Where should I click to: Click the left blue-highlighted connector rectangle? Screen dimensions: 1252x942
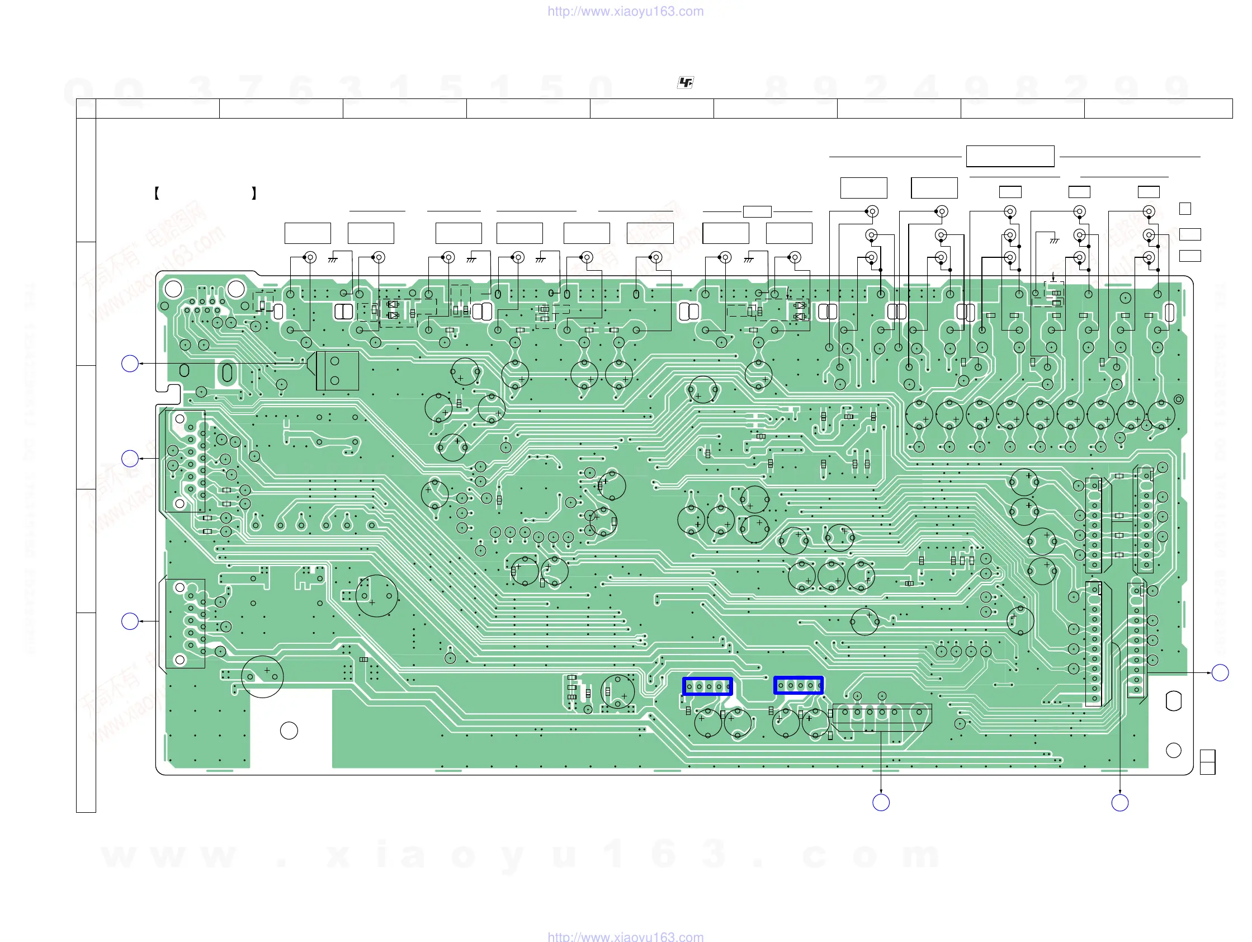[707, 686]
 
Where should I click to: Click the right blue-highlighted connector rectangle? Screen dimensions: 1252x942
[798, 685]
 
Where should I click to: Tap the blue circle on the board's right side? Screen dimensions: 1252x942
[1220, 672]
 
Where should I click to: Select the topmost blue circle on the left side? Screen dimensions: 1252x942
[130, 364]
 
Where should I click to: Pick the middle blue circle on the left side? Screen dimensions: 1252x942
[130, 458]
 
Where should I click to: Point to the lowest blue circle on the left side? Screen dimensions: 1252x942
[130, 621]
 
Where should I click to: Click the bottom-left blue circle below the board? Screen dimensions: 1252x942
[881, 802]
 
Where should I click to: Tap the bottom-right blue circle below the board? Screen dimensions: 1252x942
[1119, 803]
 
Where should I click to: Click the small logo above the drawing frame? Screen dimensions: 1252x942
[686, 83]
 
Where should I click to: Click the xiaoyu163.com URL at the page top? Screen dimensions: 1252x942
[625, 11]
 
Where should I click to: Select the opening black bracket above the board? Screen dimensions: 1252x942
[157, 193]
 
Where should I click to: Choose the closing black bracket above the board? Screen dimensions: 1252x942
[254, 193]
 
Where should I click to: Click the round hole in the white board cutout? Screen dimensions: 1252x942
[289, 731]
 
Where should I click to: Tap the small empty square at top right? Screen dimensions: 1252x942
[1185, 209]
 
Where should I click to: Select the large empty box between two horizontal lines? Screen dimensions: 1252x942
[1010, 156]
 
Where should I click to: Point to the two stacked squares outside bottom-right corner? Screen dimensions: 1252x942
[1207, 762]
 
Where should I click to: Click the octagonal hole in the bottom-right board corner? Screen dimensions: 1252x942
[1173, 701]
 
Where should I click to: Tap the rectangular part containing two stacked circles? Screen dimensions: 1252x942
[337, 370]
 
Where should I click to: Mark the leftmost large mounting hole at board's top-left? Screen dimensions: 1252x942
[173, 289]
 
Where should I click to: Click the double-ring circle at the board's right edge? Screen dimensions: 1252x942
[1178, 399]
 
